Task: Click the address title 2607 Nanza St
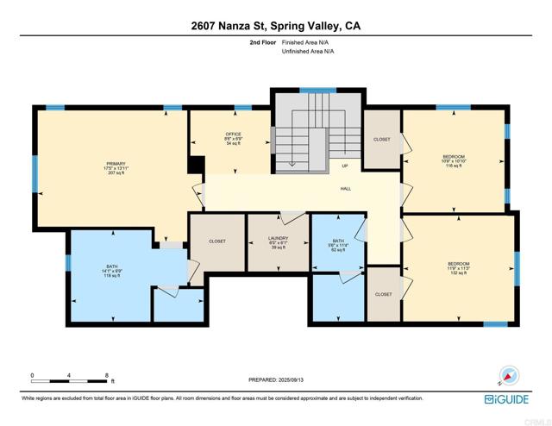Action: click(x=276, y=26)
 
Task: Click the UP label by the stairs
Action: click(x=345, y=166)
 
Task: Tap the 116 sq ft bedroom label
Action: click(x=454, y=160)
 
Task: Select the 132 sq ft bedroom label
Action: click(x=458, y=267)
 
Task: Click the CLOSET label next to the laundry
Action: click(x=217, y=241)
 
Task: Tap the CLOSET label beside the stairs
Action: click(x=381, y=140)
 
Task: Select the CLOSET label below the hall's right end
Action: click(x=383, y=294)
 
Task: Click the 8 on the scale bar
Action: click(x=106, y=375)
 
